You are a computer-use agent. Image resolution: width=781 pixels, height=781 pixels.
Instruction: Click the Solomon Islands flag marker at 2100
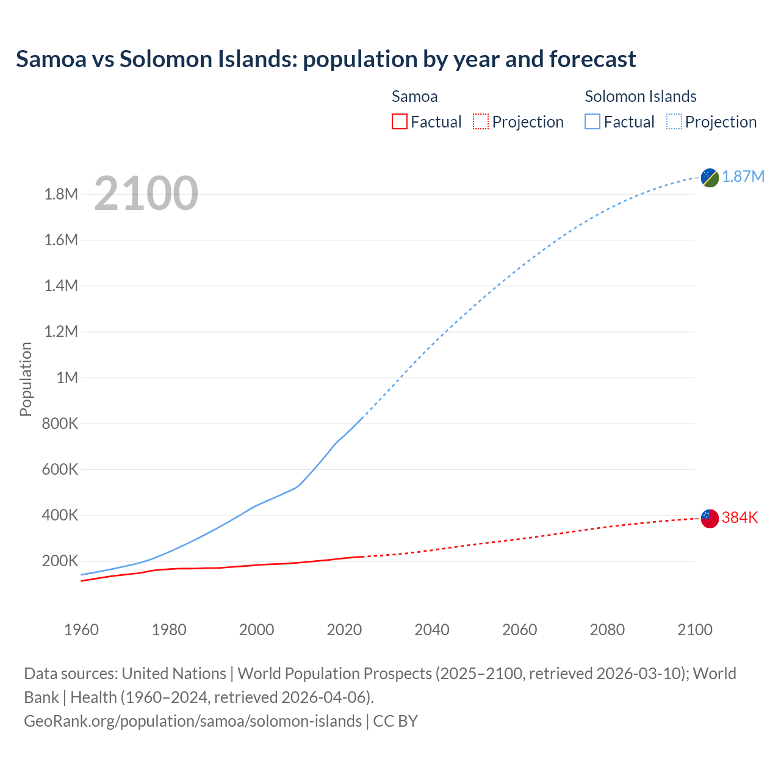point(710,178)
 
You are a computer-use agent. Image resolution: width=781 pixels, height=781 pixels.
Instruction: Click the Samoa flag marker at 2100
point(710,519)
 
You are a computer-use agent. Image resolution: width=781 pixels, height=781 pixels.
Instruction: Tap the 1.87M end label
point(743,177)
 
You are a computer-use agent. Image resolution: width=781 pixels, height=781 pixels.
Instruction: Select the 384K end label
point(740,518)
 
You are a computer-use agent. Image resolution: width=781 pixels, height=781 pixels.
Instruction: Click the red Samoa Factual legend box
point(399,121)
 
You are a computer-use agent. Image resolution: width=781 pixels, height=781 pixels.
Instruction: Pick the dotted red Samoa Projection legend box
point(481,121)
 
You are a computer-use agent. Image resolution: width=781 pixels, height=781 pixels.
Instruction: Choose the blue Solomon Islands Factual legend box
point(592,121)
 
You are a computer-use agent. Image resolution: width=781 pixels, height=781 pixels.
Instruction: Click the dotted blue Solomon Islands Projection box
point(674,121)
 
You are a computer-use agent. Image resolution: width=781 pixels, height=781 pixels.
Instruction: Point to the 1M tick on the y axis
point(67,378)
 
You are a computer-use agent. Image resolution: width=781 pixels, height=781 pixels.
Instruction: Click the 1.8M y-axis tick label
point(61,195)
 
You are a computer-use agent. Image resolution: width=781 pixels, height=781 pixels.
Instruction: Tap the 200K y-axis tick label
point(60,561)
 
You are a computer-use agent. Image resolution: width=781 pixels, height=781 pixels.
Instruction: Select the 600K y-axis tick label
point(60,470)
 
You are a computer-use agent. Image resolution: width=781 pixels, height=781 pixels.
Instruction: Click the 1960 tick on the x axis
point(81,630)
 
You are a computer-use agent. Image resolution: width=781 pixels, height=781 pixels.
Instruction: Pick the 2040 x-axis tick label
point(432,630)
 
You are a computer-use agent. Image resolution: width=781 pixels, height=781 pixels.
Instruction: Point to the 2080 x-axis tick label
point(607,630)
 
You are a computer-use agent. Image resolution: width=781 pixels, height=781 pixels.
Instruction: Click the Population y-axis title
point(26,379)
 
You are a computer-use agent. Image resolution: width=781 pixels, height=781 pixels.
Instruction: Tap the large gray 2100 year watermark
point(146,193)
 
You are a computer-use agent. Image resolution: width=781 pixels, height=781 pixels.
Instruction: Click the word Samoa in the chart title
point(51,59)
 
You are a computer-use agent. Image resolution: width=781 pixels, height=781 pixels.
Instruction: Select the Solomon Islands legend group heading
point(641,96)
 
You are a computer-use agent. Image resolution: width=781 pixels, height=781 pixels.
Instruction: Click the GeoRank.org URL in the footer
point(193,721)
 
